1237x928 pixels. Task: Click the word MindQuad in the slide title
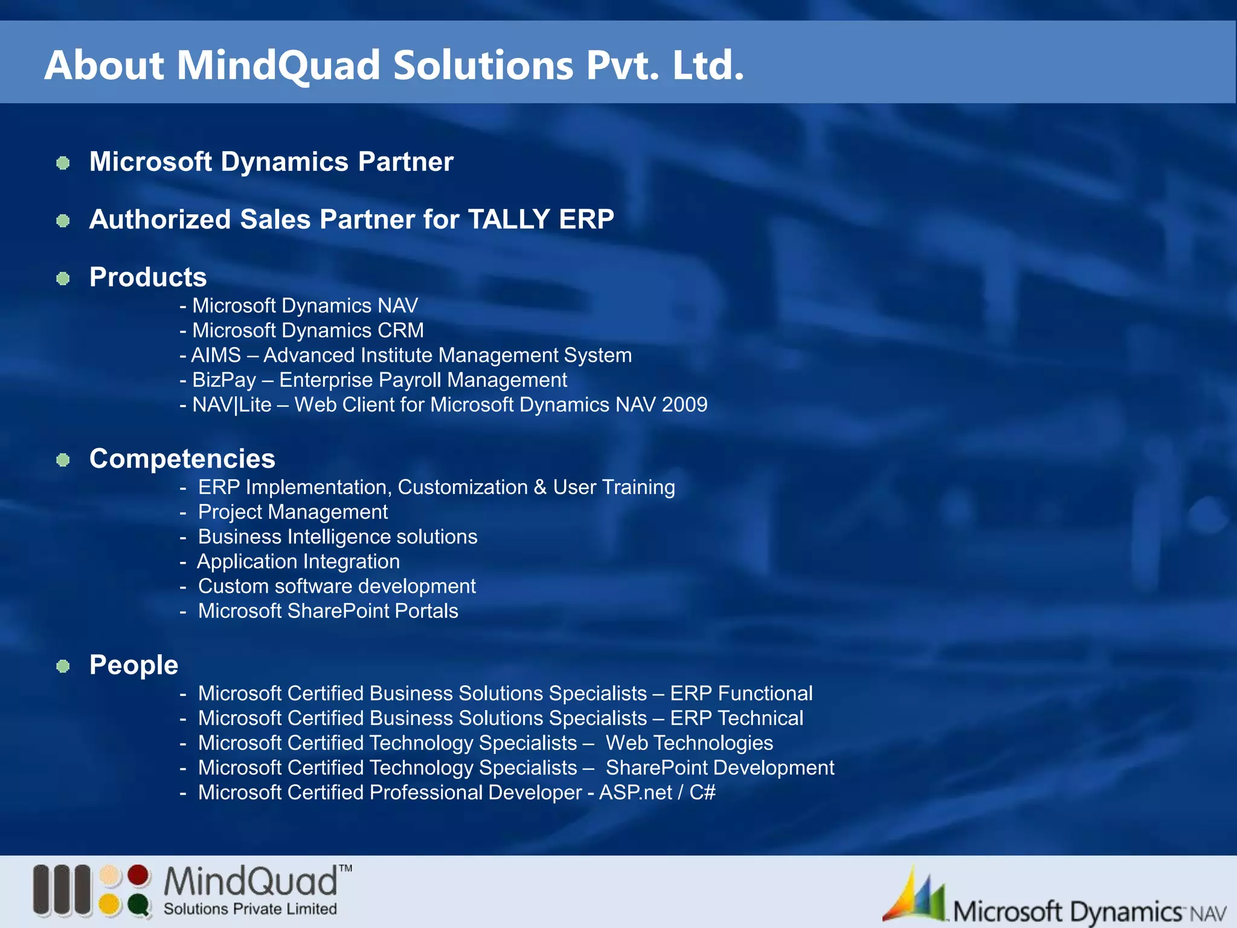[x=278, y=65]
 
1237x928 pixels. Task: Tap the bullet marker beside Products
[x=63, y=279]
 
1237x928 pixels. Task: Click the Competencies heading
[x=182, y=459]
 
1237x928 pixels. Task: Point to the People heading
[x=133, y=665]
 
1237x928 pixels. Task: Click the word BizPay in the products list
[x=224, y=380]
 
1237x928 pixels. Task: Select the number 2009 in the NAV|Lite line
[x=684, y=405]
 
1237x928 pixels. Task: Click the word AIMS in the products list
[x=216, y=355]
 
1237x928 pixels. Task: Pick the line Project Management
[x=293, y=512]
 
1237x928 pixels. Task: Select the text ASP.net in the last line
[x=635, y=792]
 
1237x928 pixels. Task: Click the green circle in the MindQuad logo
[x=139, y=905]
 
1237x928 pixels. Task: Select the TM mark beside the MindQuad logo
[x=345, y=869]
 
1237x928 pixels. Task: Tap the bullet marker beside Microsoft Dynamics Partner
[x=63, y=163]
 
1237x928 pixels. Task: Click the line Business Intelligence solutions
[x=338, y=536]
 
